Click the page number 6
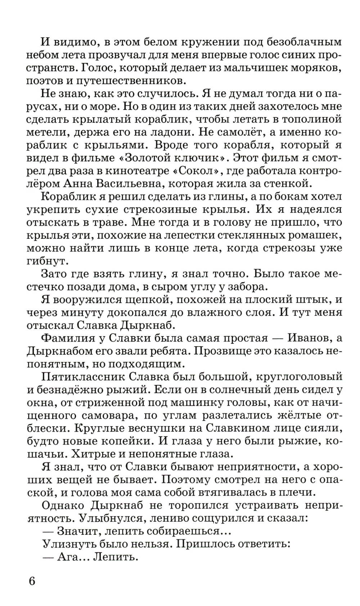[x=32, y=581]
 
